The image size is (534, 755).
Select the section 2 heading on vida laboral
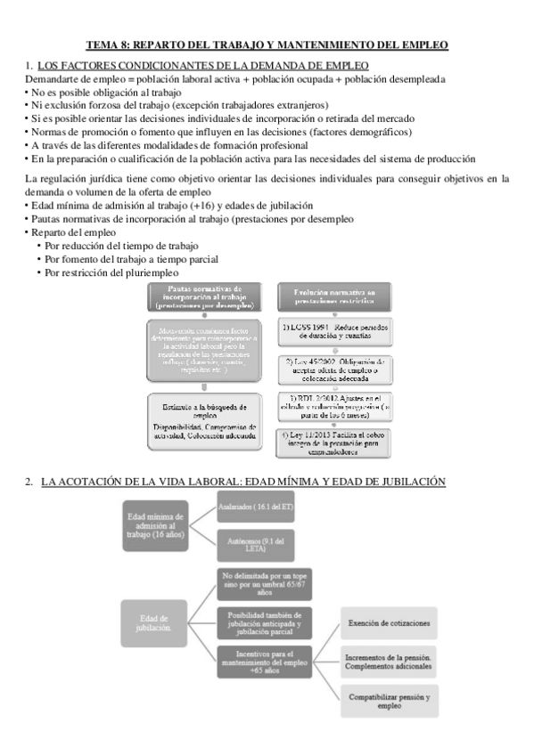[242, 481]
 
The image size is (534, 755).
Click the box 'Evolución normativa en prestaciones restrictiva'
[328, 297]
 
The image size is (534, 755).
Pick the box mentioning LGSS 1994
[328, 335]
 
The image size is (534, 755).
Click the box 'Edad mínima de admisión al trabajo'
[156, 526]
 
